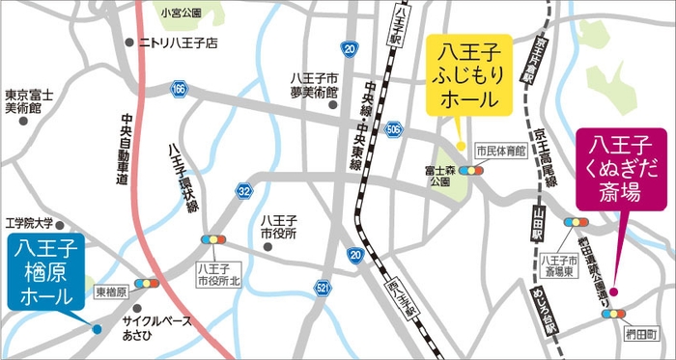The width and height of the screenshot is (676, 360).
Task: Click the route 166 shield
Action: point(179,88)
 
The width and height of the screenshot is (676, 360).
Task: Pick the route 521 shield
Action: point(322,288)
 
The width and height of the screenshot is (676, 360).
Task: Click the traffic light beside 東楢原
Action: point(147,283)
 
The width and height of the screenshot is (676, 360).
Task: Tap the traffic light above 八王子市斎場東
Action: point(574,222)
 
